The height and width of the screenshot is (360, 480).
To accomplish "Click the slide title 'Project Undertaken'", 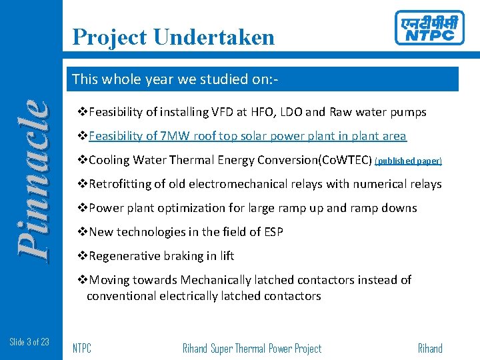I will pos(173,37).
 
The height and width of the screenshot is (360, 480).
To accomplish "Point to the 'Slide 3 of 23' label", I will pos(29,342).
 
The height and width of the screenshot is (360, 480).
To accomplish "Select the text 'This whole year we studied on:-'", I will pos(175,79).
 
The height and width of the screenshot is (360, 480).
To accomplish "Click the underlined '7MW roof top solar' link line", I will pos(247,136).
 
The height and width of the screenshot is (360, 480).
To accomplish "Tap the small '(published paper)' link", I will pos(408,161).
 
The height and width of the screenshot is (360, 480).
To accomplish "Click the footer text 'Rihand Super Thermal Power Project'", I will pos(251,348).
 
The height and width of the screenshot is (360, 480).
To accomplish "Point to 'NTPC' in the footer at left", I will pos(82,348).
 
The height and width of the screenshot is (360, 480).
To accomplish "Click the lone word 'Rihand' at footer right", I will pos(430,348).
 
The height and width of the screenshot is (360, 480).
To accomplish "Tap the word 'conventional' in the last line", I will pos(121,296).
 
